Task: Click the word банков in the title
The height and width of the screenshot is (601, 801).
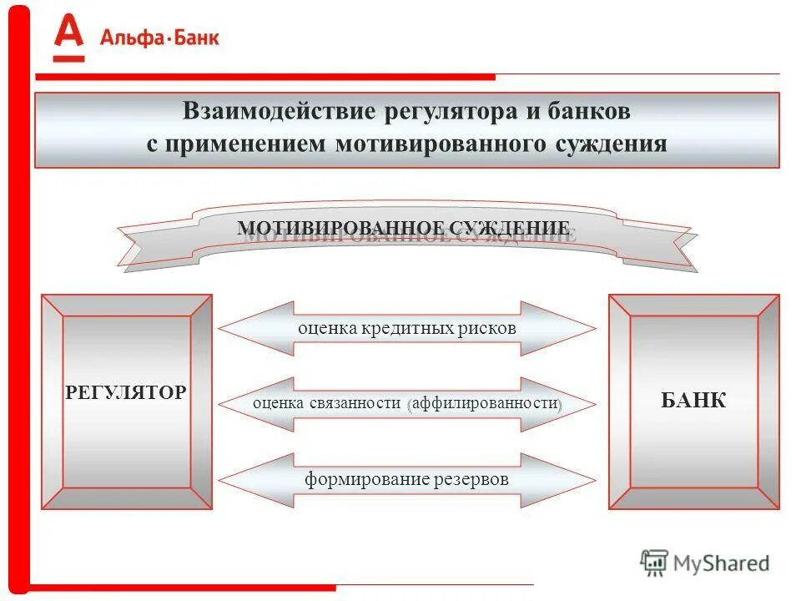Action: [585, 111]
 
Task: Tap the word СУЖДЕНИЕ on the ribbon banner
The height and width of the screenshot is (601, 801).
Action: [510, 228]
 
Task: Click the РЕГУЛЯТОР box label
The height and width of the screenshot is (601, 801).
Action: [126, 392]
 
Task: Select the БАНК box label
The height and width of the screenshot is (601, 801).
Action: [693, 401]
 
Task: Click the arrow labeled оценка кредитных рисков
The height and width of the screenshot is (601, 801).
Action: [407, 328]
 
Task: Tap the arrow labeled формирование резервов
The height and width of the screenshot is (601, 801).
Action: [407, 480]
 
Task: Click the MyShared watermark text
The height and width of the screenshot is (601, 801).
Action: [722, 563]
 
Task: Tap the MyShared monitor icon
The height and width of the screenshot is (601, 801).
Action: [655, 563]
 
